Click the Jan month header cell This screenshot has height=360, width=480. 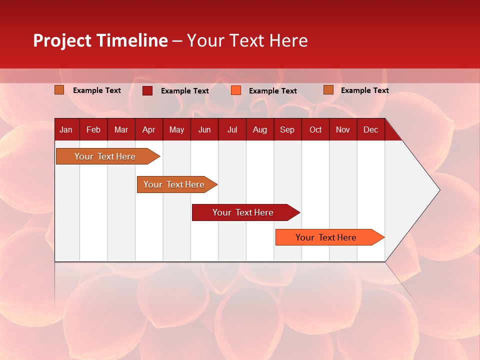[66, 130]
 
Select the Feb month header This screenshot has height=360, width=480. [93, 130]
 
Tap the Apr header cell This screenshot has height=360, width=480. [148, 130]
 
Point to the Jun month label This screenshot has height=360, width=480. [204, 130]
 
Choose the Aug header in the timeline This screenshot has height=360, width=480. [259, 130]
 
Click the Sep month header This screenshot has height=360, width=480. [287, 130]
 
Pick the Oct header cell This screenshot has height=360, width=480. [315, 130]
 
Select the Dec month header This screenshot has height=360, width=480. [370, 130]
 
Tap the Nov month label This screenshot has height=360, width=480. [343, 130]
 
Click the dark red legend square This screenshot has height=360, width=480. [147, 90]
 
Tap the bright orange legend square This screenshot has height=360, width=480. [236, 90]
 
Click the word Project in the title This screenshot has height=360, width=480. [62, 40]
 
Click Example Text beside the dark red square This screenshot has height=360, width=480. [185, 91]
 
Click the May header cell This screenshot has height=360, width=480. [176, 130]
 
